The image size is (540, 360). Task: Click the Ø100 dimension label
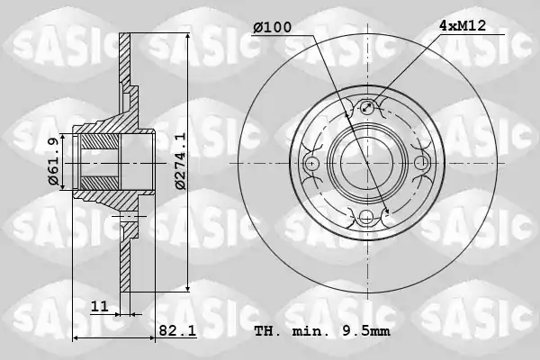pyautogui.click(x=273, y=27)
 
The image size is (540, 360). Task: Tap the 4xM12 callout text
pyautogui.click(x=463, y=25)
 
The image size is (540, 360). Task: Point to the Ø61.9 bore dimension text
pyautogui.click(x=54, y=161)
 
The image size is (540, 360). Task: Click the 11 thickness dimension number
pyautogui.click(x=100, y=306)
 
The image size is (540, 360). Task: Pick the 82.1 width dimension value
pyautogui.click(x=177, y=330)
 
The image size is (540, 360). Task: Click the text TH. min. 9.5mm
pyautogui.click(x=322, y=331)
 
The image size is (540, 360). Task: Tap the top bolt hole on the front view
pyautogui.click(x=367, y=107)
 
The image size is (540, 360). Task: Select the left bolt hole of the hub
pyautogui.click(x=312, y=163)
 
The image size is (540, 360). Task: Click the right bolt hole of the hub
pyautogui.click(x=421, y=163)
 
